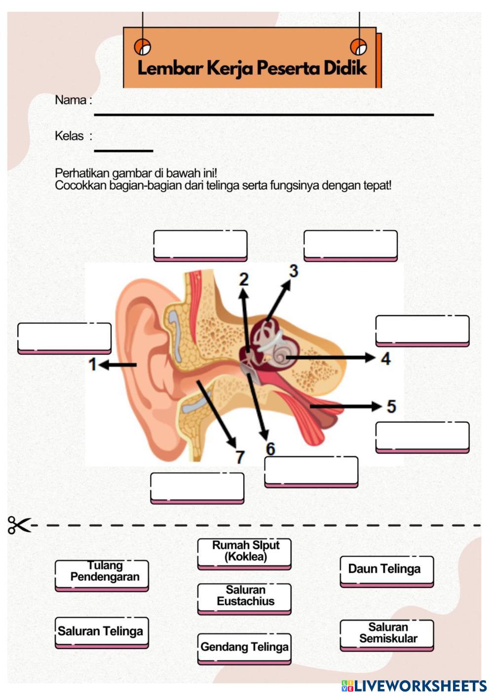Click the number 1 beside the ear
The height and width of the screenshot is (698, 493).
pyautogui.click(x=92, y=365)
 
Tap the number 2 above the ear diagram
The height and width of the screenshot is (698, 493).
pyautogui.click(x=244, y=280)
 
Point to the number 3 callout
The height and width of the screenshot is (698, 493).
pyautogui.click(x=294, y=271)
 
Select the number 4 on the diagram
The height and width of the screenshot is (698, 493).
pyautogui.click(x=386, y=359)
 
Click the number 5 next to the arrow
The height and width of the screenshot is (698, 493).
pyautogui.click(x=391, y=407)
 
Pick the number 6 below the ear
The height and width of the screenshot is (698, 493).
pyautogui.click(x=270, y=449)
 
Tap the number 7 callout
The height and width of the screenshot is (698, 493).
pyautogui.click(x=240, y=457)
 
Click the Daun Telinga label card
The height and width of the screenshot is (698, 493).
pyautogui.click(x=386, y=571)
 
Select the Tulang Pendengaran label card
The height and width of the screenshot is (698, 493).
pyautogui.click(x=102, y=575)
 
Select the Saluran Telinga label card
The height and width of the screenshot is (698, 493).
pyautogui.click(x=102, y=632)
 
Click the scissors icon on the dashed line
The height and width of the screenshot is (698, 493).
pyautogui.click(x=19, y=525)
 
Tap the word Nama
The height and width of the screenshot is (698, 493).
pyautogui.click(x=71, y=100)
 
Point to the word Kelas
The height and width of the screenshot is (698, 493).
pyautogui.click(x=70, y=136)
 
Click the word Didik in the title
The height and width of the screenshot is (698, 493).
pyautogui.click(x=345, y=68)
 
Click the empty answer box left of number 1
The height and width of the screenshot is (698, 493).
pyautogui.click(x=64, y=338)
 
